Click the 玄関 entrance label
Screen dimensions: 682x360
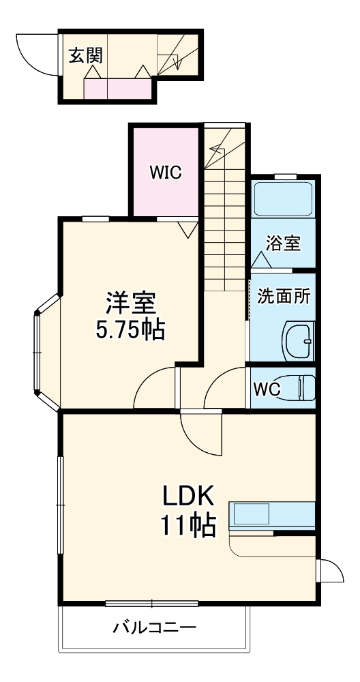85,55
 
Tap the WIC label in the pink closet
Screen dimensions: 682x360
166,173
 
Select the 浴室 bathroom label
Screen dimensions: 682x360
284,243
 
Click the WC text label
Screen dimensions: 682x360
267,390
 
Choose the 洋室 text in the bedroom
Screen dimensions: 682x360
131,302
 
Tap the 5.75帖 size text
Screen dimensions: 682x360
131,330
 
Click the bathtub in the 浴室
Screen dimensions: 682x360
283,198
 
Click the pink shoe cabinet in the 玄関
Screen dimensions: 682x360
116,88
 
